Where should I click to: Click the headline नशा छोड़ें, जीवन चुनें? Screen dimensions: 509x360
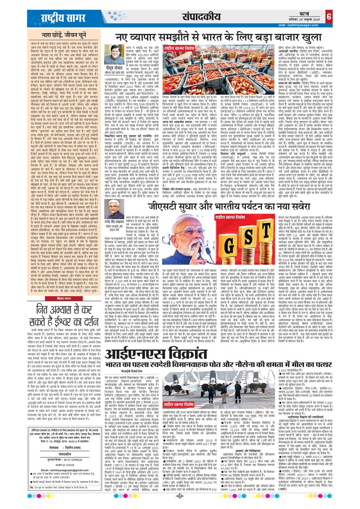[x=60, y=35]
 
